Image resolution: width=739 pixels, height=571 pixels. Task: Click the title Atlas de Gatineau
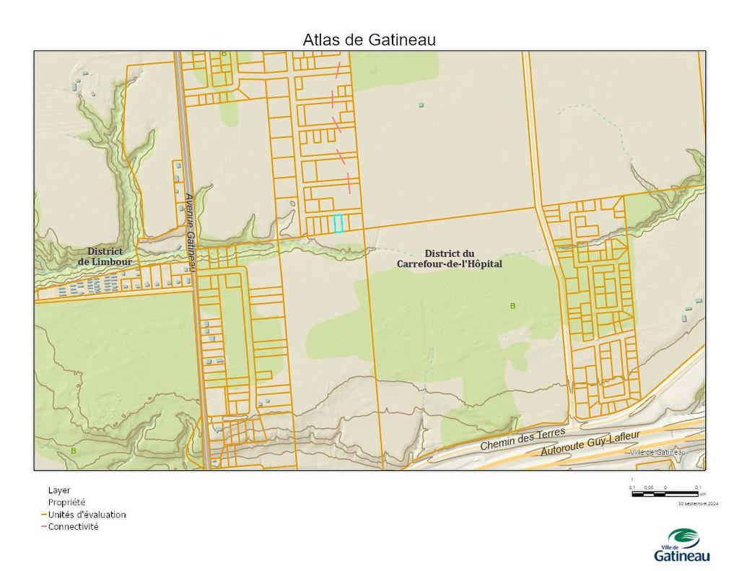point(369,40)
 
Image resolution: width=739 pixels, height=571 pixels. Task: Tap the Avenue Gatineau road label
point(190,232)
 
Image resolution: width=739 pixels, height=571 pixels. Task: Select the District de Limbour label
point(105,256)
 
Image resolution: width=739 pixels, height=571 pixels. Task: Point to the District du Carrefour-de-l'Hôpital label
point(449,259)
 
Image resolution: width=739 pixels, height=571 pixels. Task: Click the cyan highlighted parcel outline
point(338,224)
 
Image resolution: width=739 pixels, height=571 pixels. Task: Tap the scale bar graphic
point(665,494)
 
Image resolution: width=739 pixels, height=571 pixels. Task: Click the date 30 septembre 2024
point(698,503)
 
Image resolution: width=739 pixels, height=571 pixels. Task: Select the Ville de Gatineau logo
point(682,545)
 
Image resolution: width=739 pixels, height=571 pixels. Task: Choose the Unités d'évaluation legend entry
point(87,515)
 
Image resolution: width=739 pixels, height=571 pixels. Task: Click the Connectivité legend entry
point(73,527)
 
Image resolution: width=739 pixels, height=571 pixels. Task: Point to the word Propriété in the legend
point(66,502)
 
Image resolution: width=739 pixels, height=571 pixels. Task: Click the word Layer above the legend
point(58,490)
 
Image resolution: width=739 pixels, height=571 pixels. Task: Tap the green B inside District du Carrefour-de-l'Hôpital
point(513,306)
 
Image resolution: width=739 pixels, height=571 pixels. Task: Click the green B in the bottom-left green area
point(73,450)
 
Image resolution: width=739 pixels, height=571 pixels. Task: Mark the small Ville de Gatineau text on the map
point(657,452)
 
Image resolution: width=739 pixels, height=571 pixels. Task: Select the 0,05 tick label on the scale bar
point(648,488)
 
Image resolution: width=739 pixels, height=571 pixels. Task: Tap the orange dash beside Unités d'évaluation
point(44,515)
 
